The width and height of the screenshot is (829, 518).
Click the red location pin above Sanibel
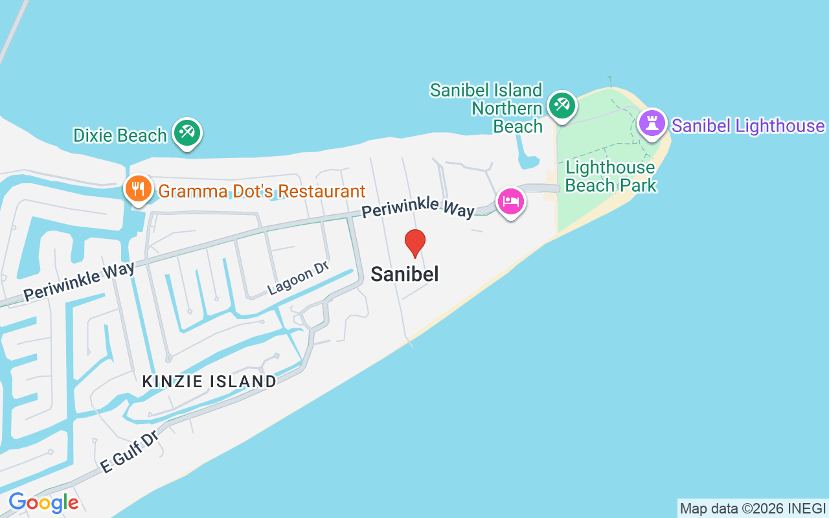click(x=414, y=243)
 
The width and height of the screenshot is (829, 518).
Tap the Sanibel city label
click(x=405, y=274)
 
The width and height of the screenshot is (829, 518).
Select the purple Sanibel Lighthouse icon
click(x=652, y=122)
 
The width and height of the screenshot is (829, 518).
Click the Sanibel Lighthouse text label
click(x=748, y=126)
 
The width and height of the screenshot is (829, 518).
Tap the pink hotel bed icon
click(x=511, y=201)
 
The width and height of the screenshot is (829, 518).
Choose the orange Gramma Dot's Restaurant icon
click(x=138, y=189)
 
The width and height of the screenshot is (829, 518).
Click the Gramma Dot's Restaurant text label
click(x=262, y=192)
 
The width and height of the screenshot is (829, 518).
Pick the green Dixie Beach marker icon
click(x=188, y=132)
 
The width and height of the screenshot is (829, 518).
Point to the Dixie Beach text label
click(x=120, y=135)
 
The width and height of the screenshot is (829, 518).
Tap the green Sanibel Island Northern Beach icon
click(x=561, y=105)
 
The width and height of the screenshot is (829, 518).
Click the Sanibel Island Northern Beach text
click(x=486, y=107)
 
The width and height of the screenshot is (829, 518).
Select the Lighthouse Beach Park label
click(x=610, y=176)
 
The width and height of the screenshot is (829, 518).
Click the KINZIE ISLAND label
click(x=209, y=381)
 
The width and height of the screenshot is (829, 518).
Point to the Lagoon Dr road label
click(x=298, y=278)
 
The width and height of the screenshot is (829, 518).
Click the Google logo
click(x=43, y=502)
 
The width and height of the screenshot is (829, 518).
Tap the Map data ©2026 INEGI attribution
click(x=753, y=508)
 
